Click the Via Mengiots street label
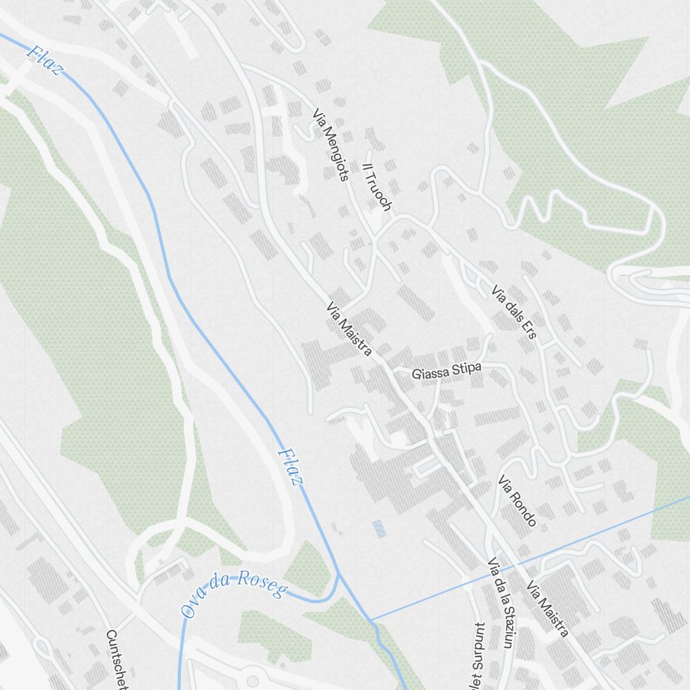coord(330,144)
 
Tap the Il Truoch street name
coord(377,186)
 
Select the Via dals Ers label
coord(514,312)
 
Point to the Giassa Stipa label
coord(446,371)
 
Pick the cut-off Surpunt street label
coord(479,655)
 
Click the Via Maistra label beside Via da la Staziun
coord(547,609)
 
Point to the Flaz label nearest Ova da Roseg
coord(290,467)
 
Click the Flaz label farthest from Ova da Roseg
coord(46,61)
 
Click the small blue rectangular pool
coord(379,529)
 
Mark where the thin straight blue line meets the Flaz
coord(371,620)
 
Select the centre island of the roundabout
coord(253,681)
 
